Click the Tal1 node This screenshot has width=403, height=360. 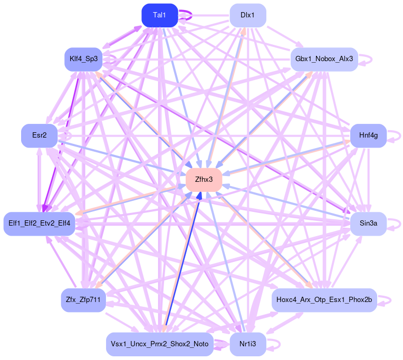click(159, 15)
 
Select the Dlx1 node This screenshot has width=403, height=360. click(247, 15)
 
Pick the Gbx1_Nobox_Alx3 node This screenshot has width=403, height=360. click(324, 59)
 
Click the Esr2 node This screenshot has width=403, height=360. click(39, 135)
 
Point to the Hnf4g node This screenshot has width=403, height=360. click(368, 135)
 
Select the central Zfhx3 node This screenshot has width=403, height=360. click(203, 180)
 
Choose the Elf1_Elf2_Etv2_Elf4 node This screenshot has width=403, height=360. click(40, 223)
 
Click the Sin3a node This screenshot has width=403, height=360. click(368, 223)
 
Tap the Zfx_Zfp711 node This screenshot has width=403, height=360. click(83, 300)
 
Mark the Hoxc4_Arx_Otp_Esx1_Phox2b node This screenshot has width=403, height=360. click(324, 300)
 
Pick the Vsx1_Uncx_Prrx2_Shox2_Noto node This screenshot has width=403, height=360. click(159, 344)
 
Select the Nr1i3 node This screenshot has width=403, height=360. click(247, 344)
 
